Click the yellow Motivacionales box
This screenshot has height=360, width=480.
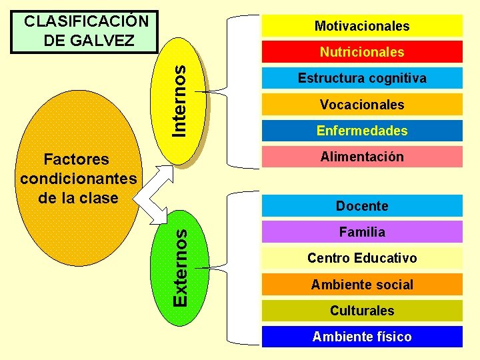(362, 26)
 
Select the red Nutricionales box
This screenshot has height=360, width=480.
(362, 52)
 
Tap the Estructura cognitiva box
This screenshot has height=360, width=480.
(362, 78)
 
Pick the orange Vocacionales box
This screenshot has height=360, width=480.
(362, 105)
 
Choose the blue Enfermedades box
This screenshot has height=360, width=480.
(362, 131)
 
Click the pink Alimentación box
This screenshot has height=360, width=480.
(362, 157)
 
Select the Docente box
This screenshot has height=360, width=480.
(362, 206)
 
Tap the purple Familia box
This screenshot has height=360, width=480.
(362, 232)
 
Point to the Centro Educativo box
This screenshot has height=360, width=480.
(362, 258)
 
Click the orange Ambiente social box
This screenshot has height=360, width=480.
(362, 285)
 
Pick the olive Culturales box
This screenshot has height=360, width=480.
(362, 311)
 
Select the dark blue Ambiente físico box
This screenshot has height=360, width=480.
(362, 337)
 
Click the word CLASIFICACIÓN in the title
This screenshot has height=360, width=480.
(86, 20)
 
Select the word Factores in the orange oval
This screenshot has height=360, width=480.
(75, 159)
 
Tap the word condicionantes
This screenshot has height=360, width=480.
(79, 179)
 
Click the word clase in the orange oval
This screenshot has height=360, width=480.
(99, 198)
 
